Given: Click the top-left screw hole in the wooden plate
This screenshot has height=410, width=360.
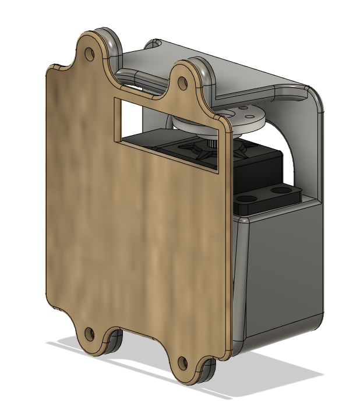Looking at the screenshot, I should tap(89, 54).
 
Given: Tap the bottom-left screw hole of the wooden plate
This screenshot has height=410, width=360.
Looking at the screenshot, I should tap(89, 334).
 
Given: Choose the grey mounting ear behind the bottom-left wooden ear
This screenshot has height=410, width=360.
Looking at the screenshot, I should tap(114, 341).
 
